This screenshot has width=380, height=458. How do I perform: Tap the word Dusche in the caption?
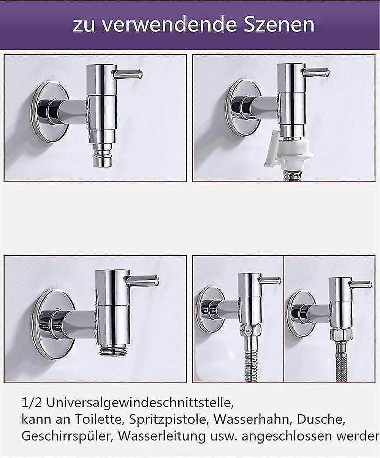[321, 419]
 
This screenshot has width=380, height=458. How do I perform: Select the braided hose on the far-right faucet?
[342, 361]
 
